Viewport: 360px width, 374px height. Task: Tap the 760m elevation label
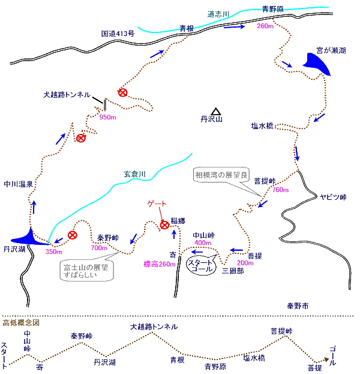coord(280,190)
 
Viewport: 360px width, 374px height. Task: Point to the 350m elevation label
coord(53,252)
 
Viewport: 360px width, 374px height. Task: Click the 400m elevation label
coord(202,242)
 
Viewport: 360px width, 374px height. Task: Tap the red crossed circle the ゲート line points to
coord(164,225)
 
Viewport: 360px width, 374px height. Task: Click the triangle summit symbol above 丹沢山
coord(215,110)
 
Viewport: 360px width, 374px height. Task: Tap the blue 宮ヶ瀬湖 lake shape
coord(318,63)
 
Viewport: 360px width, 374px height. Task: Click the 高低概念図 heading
coord(22,323)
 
